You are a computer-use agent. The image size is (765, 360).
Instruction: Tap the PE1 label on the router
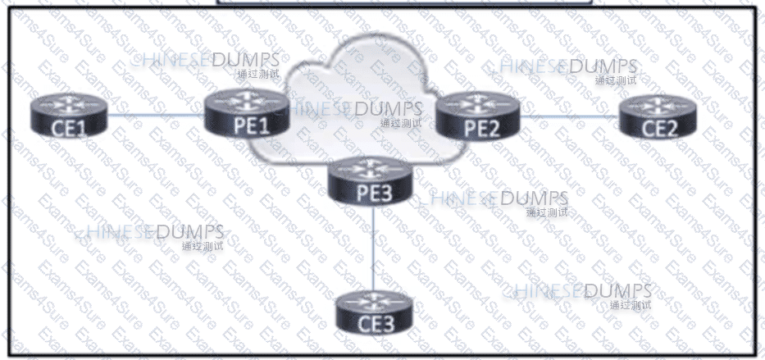coord(237,125)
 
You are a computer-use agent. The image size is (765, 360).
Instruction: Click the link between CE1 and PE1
coord(156,116)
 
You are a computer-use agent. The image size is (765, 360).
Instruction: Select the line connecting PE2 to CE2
coord(569,116)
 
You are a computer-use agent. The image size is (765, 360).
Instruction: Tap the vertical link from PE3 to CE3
coord(374,246)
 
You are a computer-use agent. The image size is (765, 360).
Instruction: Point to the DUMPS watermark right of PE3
coord(534,198)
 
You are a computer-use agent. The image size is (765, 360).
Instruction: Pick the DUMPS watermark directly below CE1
coord(189,232)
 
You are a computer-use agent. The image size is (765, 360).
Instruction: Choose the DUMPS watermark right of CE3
coord(617,291)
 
